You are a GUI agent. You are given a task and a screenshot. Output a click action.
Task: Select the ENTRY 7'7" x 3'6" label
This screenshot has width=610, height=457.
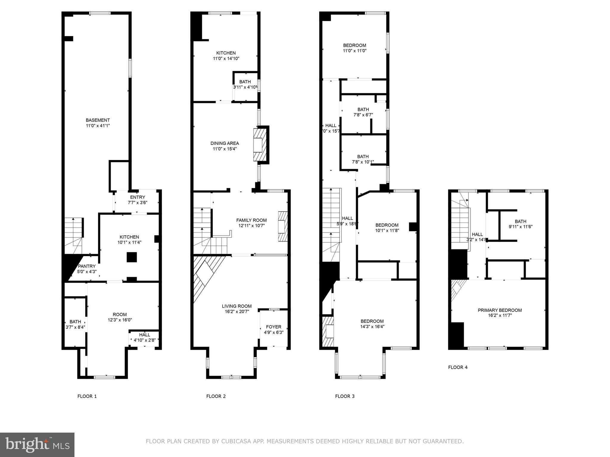click(138, 200)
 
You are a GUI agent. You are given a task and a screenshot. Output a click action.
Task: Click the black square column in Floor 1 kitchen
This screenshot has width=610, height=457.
click(132, 257)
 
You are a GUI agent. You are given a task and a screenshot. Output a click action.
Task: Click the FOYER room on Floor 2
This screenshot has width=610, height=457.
click(273, 329)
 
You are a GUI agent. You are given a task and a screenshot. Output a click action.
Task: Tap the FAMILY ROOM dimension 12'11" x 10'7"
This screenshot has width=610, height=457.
click(251, 226)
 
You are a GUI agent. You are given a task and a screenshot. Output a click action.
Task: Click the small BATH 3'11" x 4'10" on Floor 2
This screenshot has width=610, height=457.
click(245, 84)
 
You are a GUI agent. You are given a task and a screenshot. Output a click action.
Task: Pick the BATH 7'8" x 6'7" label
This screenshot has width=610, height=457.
click(363, 112)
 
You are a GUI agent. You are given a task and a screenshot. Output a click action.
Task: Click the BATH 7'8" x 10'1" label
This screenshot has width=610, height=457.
click(363, 159)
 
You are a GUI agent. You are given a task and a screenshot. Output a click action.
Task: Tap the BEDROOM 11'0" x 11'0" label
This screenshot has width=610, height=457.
click(354, 48)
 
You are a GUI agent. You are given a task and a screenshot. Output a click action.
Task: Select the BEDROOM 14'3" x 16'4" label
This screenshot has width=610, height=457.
click(372, 324)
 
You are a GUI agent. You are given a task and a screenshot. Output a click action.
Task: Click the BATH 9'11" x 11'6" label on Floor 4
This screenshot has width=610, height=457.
click(520, 224)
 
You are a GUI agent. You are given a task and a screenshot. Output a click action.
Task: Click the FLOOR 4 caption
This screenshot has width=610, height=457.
click(457, 367)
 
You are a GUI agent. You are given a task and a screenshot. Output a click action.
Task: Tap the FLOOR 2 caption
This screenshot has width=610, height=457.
click(216, 396)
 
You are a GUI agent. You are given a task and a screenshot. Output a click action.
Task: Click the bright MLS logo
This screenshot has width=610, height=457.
click(37, 445)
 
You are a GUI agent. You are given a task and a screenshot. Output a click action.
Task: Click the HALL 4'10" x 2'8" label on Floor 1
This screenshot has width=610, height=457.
click(144, 337)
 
